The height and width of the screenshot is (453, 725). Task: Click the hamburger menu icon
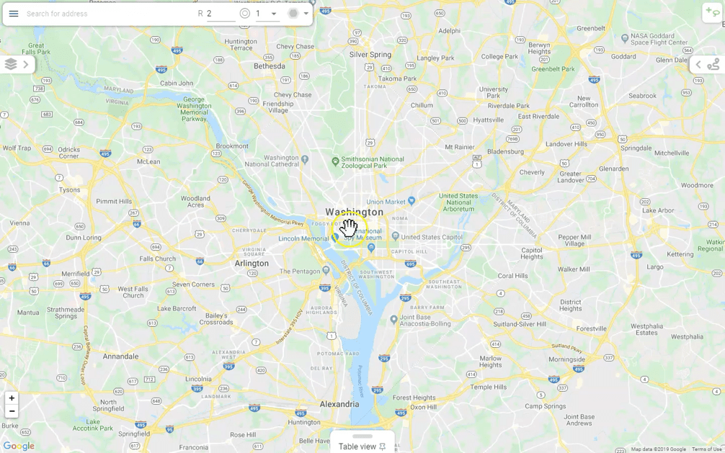[x=14, y=14]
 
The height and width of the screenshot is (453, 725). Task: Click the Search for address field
[x=108, y=14]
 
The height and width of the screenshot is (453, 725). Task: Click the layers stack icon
[x=11, y=64]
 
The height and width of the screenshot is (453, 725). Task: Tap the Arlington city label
[x=252, y=264]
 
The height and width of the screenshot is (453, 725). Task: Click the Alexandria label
[x=339, y=404]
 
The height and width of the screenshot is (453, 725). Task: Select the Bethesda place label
[x=270, y=66]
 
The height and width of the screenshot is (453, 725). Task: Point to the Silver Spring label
[x=370, y=55]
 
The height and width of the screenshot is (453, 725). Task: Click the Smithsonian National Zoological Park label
[x=372, y=162]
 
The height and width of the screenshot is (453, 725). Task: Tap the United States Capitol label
[x=432, y=237]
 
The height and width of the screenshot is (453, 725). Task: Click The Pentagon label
[x=300, y=272]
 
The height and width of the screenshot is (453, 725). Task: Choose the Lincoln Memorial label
[x=303, y=238]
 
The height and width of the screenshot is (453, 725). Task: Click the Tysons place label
[x=70, y=190]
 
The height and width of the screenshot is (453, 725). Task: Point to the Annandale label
[x=120, y=356]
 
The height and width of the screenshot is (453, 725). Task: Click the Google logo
[x=19, y=446]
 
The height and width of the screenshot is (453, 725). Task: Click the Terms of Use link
[x=706, y=449]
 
